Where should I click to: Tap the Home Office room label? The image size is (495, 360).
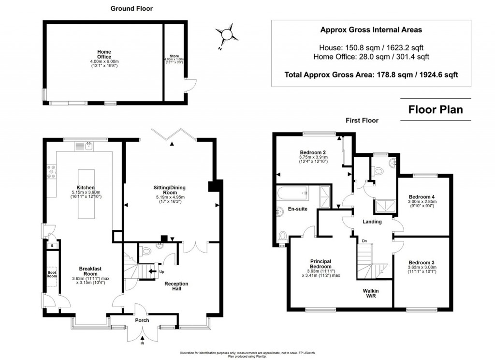pos(104,54)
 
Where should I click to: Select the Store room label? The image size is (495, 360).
pos(175,56)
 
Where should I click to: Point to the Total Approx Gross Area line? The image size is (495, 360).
pos(371,75)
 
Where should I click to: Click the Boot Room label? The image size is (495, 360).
pos(52,275)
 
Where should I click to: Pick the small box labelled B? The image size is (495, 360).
pos(52,246)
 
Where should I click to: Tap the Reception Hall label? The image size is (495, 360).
pos(176,287)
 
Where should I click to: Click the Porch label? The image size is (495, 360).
pos(142,320)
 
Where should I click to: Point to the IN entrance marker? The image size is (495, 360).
pos(142,344)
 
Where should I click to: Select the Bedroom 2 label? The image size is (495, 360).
pos(313,151)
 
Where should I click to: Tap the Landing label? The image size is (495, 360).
pos(372,222)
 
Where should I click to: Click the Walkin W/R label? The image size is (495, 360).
pos(370,294)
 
